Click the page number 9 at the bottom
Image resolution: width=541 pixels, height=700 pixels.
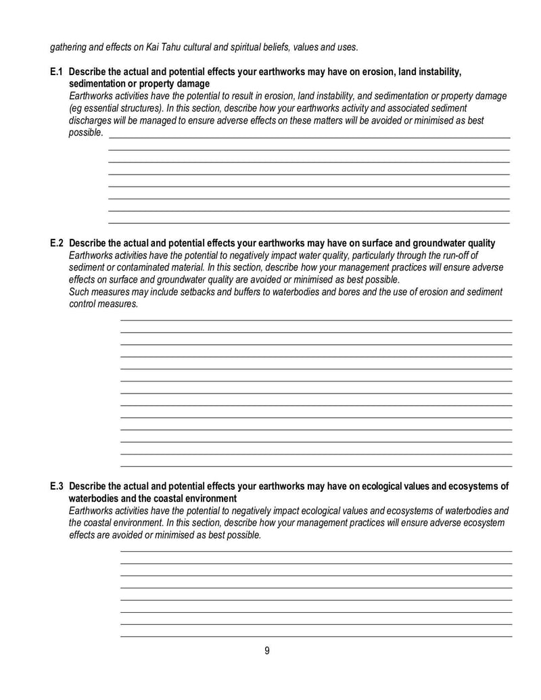(267, 651)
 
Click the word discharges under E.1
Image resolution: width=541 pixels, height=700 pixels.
(91, 120)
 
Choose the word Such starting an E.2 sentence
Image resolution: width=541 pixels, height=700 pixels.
(80, 291)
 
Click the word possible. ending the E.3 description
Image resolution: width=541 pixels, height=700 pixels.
(242, 535)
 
